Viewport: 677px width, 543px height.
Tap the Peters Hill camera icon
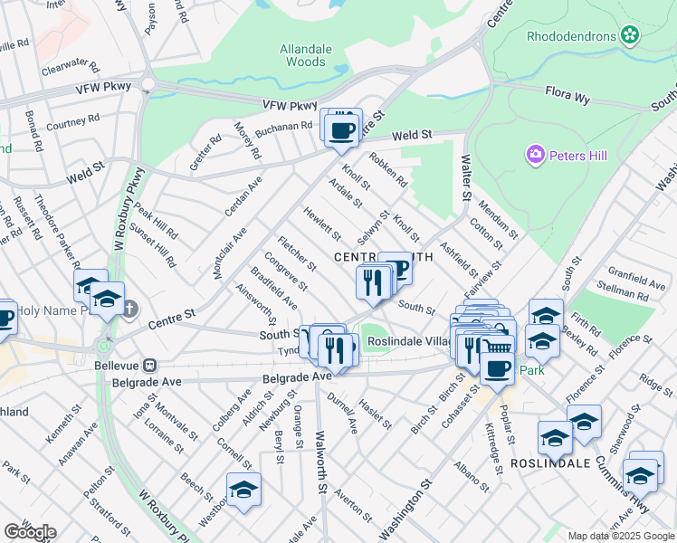[536, 156]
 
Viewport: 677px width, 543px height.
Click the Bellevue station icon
[150, 366]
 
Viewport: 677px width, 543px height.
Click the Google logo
[30, 531]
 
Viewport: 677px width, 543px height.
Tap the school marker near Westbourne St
[243, 491]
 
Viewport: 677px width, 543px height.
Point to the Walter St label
[467, 176]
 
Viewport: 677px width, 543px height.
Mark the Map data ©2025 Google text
[620, 536]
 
